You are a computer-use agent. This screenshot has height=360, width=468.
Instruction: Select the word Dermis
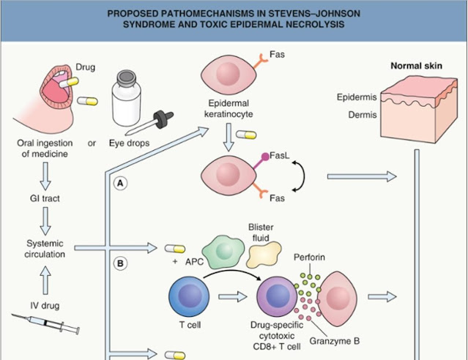click(x=352, y=113)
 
